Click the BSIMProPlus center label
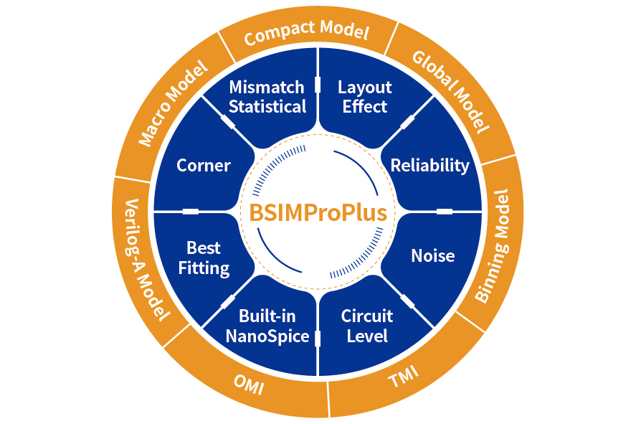318,213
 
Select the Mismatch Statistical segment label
267,97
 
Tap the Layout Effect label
365,97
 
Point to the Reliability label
429,166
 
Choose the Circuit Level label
367,326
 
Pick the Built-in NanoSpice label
267,326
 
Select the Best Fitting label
204,258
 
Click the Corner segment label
204,166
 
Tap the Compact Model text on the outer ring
306,32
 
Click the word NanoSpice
267,336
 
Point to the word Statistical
267,107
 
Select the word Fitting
204,268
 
